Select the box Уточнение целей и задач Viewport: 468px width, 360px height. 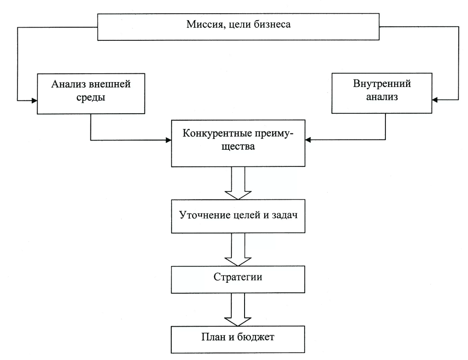pos(238,216)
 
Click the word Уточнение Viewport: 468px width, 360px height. pos(202,216)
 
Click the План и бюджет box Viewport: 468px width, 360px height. pos(238,338)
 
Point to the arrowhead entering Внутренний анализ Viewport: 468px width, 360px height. pos(436,100)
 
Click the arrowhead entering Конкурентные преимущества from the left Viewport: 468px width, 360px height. pos(168,140)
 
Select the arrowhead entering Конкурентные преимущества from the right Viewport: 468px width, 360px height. pos(308,140)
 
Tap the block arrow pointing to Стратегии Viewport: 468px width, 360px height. pos(238,250)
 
